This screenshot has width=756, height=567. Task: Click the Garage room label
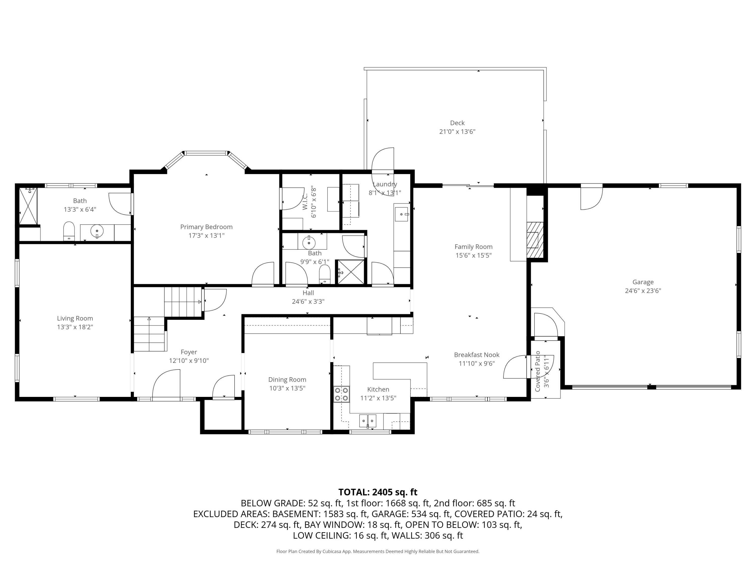[643, 282]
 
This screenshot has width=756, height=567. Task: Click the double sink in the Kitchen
[367, 420]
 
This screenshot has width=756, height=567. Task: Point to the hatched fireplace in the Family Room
[534, 240]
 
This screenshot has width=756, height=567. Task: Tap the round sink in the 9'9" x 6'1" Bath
[309, 242]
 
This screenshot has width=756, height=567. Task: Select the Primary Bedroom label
[206, 227]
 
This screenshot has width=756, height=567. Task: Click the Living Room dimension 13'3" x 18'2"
[75, 327]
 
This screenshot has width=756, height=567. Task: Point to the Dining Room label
[287, 379]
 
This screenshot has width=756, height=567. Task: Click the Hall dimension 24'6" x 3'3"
[308, 301]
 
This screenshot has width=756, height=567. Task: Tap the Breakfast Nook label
[477, 355]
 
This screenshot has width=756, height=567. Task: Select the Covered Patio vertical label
[538, 371]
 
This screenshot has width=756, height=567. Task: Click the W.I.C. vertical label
[305, 201]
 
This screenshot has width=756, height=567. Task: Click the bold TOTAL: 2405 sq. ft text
[378, 492]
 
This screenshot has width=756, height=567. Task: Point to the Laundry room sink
[401, 214]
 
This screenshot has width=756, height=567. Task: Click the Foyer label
[189, 352]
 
